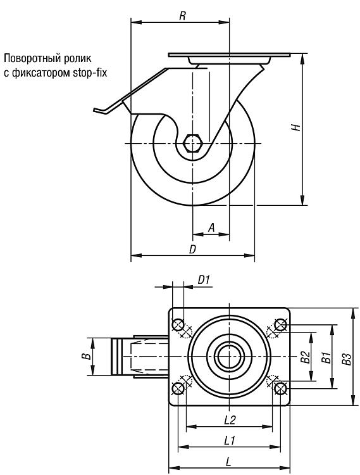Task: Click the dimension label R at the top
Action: click(x=182, y=16)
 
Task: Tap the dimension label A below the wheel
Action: click(x=212, y=227)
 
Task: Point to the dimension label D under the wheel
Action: click(x=193, y=250)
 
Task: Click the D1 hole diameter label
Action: click(x=204, y=280)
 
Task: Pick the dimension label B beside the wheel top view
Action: click(x=87, y=356)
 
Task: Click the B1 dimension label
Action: click(x=326, y=357)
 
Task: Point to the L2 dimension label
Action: click(x=230, y=419)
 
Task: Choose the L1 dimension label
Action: click(x=230, y=441)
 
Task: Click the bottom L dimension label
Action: click(x=228, y=462)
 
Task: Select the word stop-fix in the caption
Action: click(x=90, y=73)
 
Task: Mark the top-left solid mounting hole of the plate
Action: click(x=178, y=325)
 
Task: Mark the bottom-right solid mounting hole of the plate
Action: click(x=280, y=388)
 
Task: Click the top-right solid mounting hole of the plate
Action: click(x=280, y=325)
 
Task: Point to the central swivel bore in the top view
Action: click(x=229, y=357)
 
